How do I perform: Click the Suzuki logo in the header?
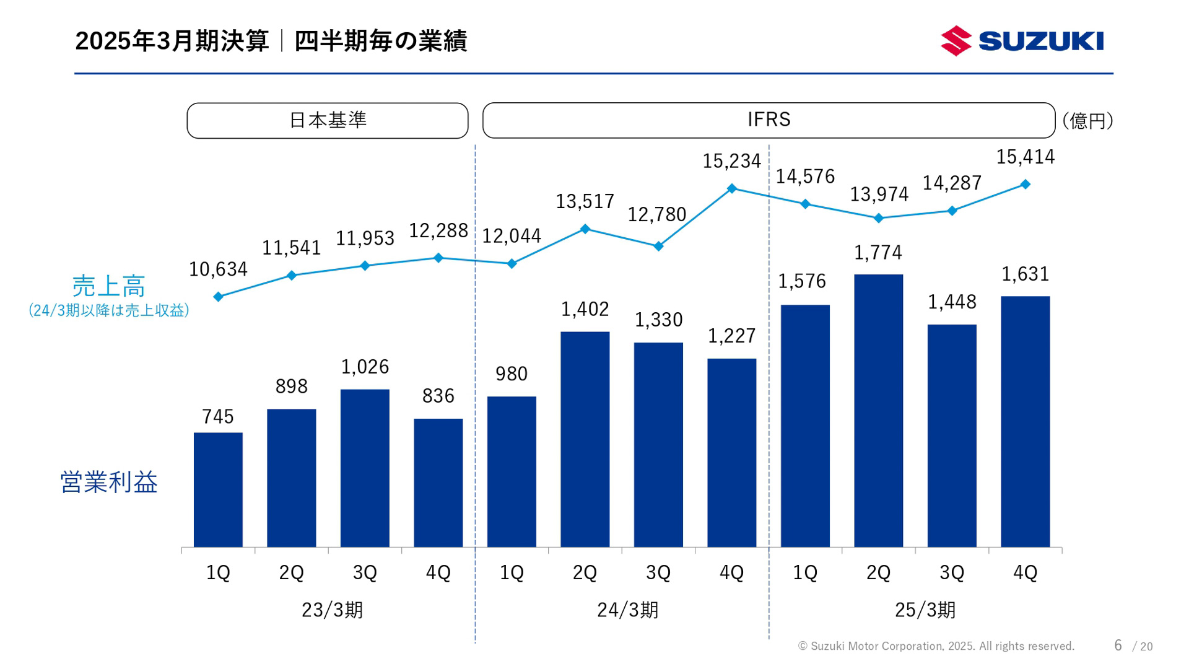click(1022, 41)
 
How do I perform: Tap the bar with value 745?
click(218, 489)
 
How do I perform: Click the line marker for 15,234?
click(731, 188)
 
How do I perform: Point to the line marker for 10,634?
click(218, 297)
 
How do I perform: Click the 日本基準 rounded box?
click(327, 120)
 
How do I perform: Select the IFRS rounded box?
click(769, 120)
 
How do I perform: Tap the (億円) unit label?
click(1088, 120)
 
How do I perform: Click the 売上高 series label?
click(108, 286)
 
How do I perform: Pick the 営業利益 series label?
click(108, 482)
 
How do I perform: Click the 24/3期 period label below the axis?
click(627, 610)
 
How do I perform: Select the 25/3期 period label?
click(925, 610)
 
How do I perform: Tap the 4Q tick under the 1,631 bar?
click(1025, 572)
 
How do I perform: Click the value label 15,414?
click(1025, 157)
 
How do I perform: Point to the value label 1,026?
click(365, 367)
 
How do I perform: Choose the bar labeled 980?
click(512, 471)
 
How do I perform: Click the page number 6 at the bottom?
click(1118, 645)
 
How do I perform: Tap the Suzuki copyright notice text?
click(936, 646)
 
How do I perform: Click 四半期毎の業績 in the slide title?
click(380, 41)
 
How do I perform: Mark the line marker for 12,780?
click(658, 247)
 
